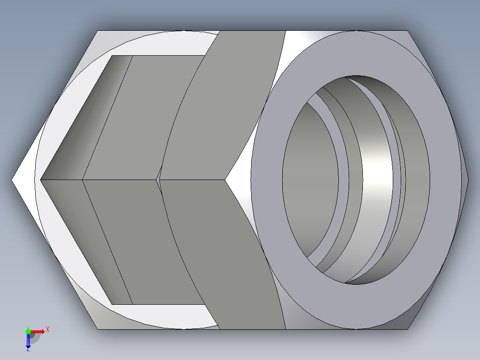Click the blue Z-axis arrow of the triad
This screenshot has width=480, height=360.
click(28, 341)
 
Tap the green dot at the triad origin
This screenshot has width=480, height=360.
click(28, 331)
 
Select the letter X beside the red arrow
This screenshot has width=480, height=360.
click(48, 330)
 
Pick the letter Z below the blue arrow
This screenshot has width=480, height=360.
click(28, 349)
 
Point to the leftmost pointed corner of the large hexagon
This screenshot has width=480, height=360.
click(12, 180)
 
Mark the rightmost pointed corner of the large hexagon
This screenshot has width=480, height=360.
click(468, 180)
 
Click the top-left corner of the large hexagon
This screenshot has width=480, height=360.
click(98, 31)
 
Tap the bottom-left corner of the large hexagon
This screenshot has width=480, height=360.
click(98, 329)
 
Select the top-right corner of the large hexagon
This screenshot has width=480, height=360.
click(407, 31)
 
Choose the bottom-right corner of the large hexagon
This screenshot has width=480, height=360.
click(407, 329)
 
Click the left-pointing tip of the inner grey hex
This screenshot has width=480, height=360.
click(41, 180)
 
